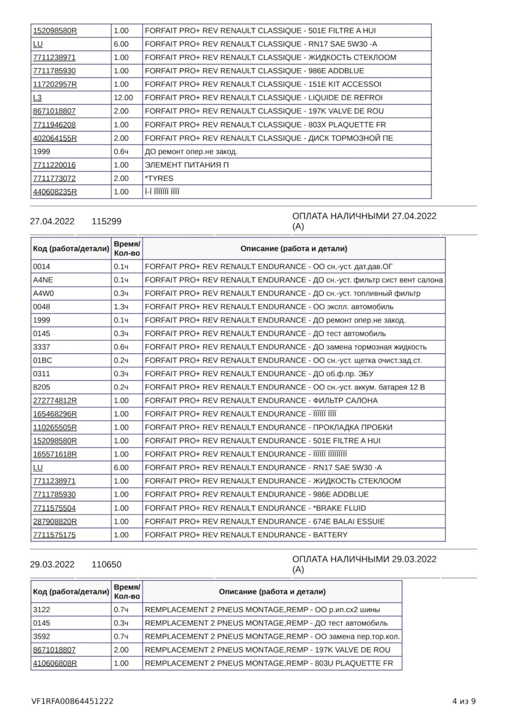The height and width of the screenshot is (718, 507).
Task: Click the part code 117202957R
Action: (54, 84)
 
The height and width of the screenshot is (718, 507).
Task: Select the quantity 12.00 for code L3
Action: (123, 98)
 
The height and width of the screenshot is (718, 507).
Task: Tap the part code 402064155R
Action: (54, 138)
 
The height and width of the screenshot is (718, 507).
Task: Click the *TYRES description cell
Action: (159, 179)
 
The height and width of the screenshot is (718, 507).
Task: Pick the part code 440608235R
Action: (54, 192)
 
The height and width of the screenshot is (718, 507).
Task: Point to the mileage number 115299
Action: (106, 221)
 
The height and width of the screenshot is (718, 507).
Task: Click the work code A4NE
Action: (43, 280)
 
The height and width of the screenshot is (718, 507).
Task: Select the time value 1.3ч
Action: (121, 307)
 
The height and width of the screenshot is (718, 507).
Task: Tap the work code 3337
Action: (42, 347)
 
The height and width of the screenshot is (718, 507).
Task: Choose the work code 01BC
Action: (42, 360)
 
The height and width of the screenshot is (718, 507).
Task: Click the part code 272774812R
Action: (54, 400)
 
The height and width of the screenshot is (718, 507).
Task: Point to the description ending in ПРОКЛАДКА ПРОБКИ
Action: (268, 427)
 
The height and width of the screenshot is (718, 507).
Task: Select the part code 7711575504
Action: (54, 508)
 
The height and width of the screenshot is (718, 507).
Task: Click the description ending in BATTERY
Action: (246, 535)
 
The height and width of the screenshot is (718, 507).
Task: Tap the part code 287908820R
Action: (54, 521)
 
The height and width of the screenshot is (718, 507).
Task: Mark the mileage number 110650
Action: (106, 564)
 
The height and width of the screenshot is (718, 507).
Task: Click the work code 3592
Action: (42, 637)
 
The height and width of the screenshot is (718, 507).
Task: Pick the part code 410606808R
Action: (54, 663)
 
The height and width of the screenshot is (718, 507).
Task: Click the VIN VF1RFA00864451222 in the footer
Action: (72, 702)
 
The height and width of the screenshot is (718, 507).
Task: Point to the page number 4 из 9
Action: (464, 702)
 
